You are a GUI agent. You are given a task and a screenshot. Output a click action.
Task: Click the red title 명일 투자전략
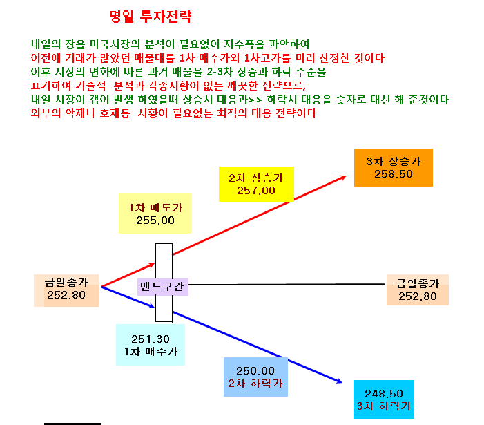[x=151, y=17]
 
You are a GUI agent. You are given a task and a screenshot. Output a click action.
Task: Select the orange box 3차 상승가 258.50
[x=394, y=167]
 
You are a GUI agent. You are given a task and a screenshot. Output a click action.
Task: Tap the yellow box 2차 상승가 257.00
[x=256, y=184]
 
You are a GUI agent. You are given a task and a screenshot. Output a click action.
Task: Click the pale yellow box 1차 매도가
[x=155, y=214]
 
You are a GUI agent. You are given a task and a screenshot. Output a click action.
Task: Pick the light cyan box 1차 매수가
[x=151, y=345]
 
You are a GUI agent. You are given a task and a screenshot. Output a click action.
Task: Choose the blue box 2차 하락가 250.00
[x=255, y=377]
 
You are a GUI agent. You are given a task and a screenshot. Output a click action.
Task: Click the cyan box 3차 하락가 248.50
[x=384, y=399]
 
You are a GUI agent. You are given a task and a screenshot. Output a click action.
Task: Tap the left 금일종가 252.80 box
[x=66, y=290]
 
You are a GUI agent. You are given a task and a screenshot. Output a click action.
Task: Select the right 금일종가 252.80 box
[x=417, y=290]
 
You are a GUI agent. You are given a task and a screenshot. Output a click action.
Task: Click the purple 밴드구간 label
[x=162, y=287]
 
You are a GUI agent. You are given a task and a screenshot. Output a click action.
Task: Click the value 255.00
[x=155, y=220]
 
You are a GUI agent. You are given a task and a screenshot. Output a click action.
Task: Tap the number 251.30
[x=151, y=339]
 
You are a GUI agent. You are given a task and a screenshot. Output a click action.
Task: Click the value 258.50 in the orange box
[x=394, y=174]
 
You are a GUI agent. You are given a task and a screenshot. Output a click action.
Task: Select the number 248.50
[x=384, y=393]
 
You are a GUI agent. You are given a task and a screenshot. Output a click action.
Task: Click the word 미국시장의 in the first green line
[x=115, y=44]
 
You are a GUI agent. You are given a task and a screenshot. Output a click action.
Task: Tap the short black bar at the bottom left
[x=73, y=424]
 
